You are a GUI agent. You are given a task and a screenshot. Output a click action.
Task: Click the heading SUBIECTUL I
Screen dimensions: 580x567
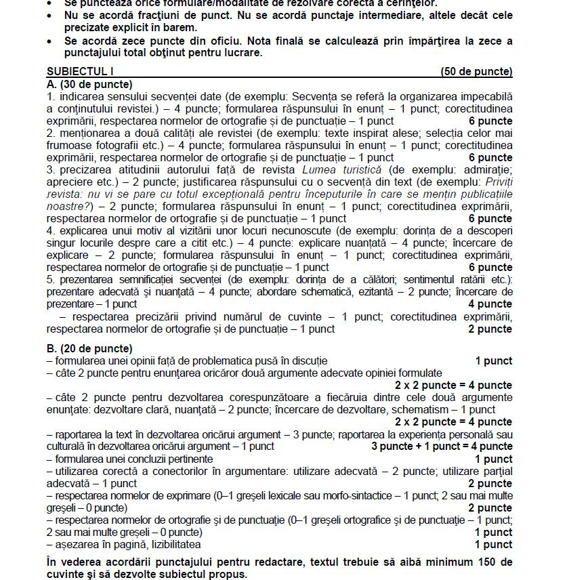coord(80,72)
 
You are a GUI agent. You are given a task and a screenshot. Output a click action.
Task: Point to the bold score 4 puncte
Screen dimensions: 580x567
coord(490,304)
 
